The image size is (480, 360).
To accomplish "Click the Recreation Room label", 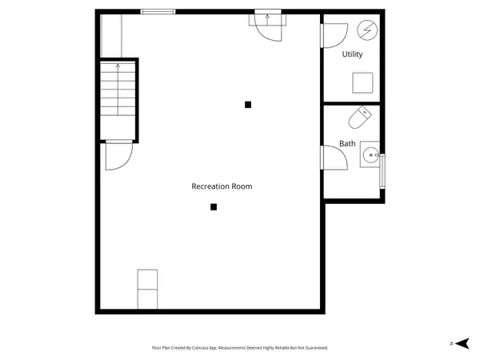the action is (222, 186).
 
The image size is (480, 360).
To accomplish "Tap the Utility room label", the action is (352, 54).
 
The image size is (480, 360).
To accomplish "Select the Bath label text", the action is (347, 143).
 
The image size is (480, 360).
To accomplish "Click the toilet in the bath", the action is (360, 118).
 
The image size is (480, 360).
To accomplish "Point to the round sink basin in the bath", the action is (370, 155).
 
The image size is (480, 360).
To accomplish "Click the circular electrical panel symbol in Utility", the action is (367, 30).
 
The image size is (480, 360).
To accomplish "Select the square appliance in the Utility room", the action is (362, 82).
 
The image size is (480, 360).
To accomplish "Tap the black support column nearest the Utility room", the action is (248, 105).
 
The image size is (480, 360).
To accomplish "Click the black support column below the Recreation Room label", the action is (214, 207).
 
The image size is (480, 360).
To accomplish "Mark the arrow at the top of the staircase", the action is (118, 66).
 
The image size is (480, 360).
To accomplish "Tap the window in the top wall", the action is (158, 12).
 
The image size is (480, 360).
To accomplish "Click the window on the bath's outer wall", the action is (382, 171).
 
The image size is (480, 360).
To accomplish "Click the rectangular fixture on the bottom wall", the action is (147, 290).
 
